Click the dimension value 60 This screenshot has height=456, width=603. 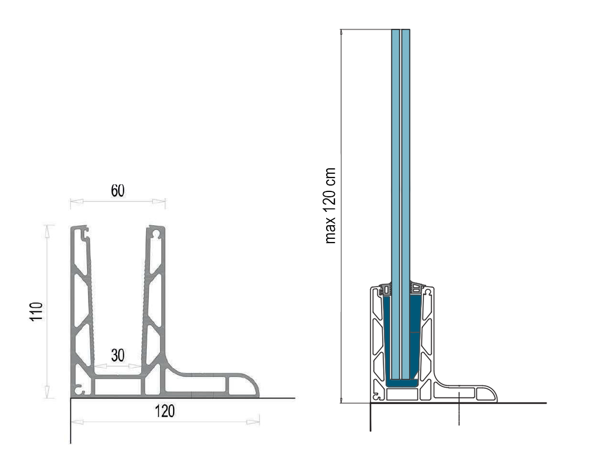(x=118, y=191)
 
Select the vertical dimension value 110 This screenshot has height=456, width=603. (x=37, y=312)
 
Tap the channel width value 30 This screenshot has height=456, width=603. (x=118, y=355)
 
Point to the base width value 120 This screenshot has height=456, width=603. (x=165, y=411)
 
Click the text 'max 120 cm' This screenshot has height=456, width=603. (x=331, y=205)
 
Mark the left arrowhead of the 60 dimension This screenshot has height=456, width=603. (x=76, y=201)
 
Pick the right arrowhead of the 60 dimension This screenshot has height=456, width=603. (x=159, y=201)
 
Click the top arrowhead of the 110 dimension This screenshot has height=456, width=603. (x=47, y=231)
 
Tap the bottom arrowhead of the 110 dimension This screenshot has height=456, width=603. (x=47, y=391)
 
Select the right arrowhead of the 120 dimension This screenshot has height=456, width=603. (x=253, y=422)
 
